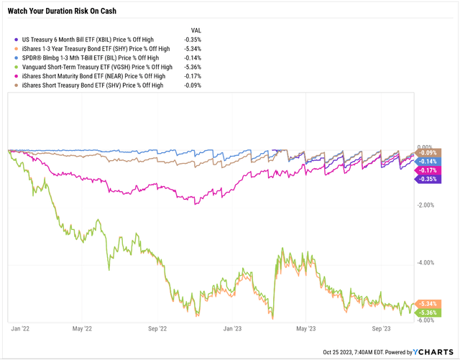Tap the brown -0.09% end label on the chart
point(429,152)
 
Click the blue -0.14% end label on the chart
point(429,162)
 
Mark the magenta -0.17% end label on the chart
point(429,170)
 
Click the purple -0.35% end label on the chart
point(429,179)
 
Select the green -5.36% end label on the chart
point(429,313)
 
